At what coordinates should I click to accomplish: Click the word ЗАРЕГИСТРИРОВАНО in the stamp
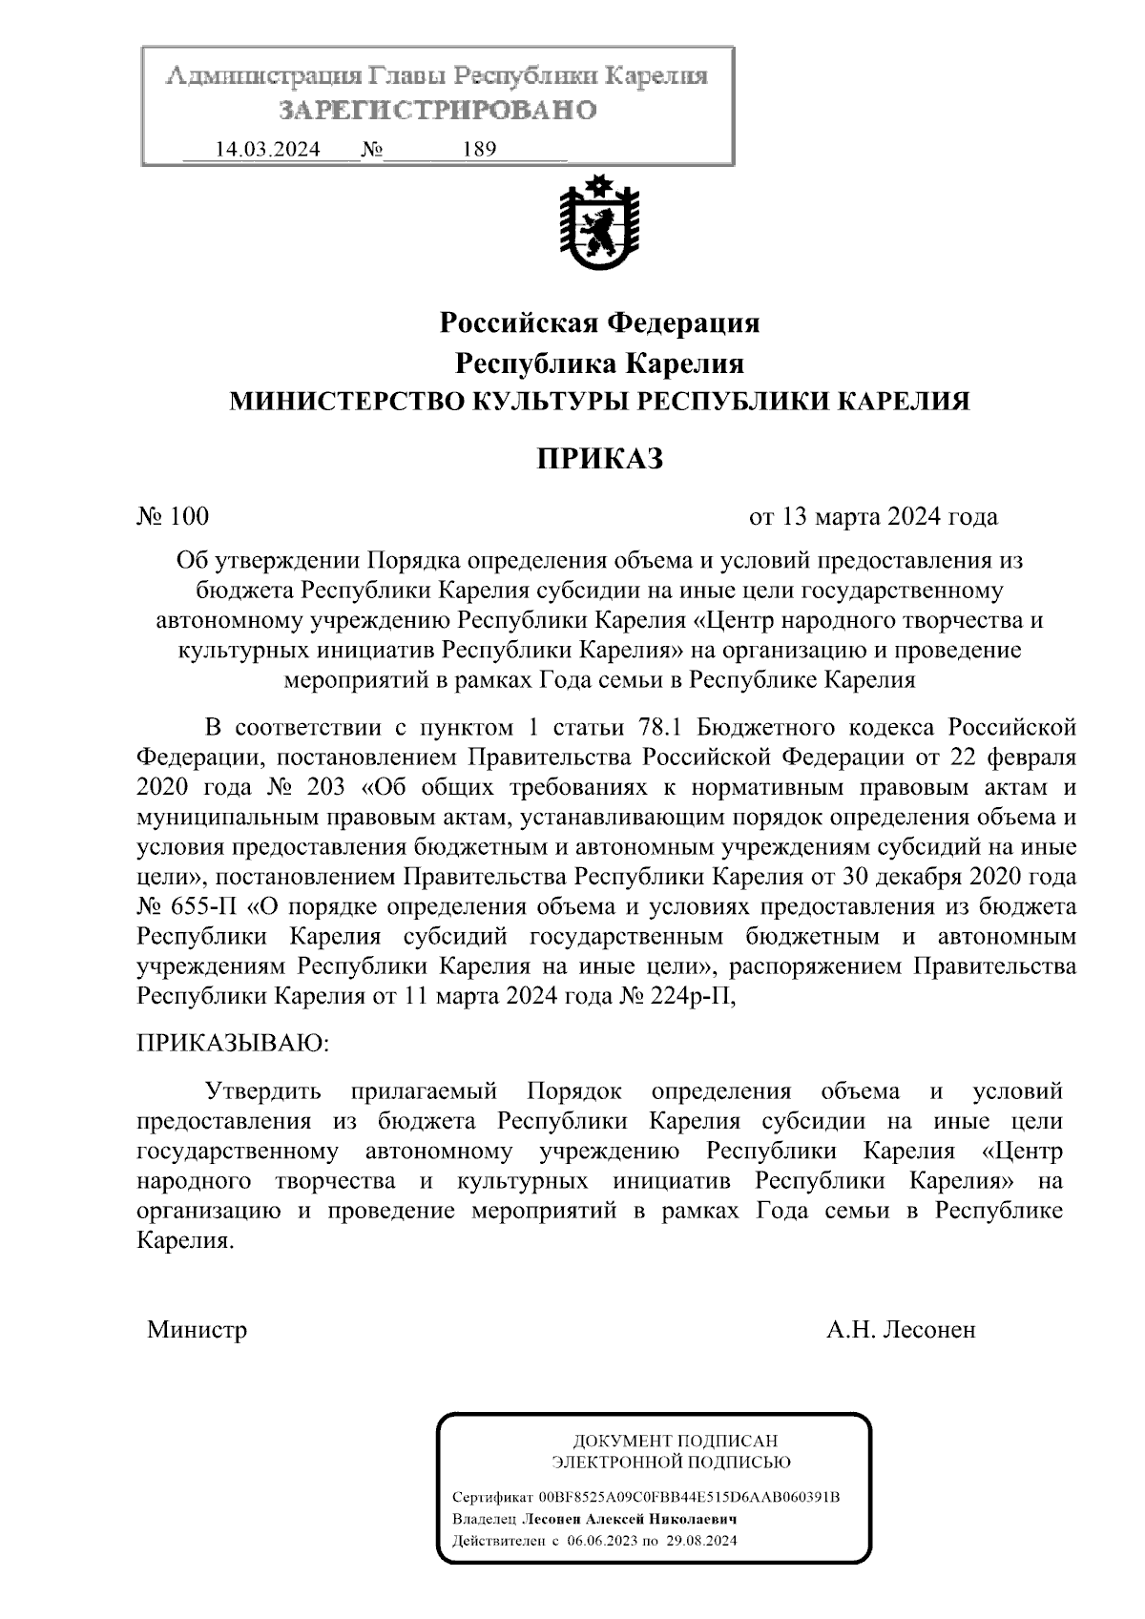click(437, 111)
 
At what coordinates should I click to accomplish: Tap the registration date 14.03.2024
click(267, 150)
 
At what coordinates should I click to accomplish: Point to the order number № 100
click(173, 517)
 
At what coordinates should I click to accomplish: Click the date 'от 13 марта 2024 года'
click(873, 517)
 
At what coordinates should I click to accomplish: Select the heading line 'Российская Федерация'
click(599, 323)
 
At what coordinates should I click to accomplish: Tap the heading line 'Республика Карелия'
click(599, 363)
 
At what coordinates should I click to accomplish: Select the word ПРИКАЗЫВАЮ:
click(233, 1042)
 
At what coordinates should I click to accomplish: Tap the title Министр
click(198, 1330)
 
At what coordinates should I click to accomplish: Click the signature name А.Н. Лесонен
click(901, 1330)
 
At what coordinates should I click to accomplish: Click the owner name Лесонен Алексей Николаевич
click(629, 1519)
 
